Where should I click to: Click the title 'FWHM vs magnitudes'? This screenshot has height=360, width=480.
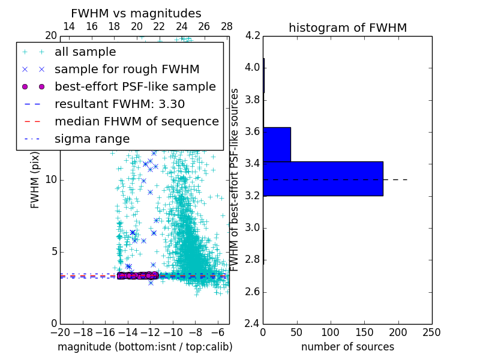click(x=136, y=13)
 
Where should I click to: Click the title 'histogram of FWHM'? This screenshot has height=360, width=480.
click(x=347, y=28)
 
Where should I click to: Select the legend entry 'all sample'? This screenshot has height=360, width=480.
click(x=85, y=52)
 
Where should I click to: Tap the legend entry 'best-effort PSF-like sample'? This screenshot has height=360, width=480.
click(x=135, y=87)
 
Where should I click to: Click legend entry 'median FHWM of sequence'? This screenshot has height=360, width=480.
click(x=136, y=122)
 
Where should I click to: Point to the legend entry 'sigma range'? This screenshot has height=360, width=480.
click(x=92, y=139)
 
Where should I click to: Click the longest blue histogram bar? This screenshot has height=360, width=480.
click(x=323, y=178)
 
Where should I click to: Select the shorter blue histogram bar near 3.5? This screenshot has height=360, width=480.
click(x=277, y=144)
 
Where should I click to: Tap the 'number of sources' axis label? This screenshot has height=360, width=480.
click(x=347, y=347)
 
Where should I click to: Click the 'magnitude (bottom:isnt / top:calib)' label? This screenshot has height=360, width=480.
click(x=145, y=347)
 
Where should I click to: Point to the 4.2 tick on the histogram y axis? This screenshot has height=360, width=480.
click(x=252, y=35)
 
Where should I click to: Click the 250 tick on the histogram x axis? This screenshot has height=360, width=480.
click(x=431, y=332)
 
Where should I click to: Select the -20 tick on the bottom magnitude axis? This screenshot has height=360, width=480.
click(x=60, y=332)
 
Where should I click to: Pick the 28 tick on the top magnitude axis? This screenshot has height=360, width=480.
click(x=227, y=26)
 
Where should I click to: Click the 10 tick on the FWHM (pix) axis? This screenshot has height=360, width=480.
click(x=51, y=179)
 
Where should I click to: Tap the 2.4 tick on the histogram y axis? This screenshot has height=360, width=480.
click(x=252, y=323)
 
